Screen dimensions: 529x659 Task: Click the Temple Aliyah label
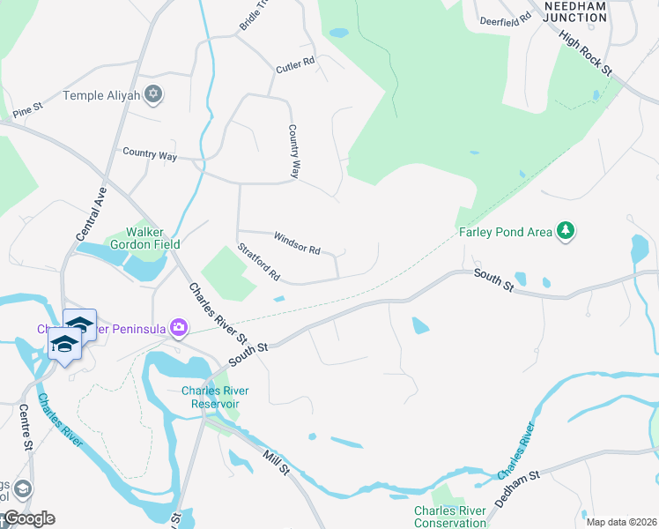[x=101, y=95]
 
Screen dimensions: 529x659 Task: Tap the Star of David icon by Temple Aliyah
[x=153, y=94]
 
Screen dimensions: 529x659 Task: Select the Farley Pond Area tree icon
[x=565, y=232]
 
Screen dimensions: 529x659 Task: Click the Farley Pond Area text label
[x=505, y=233]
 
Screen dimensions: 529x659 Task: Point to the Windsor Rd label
[x=296, y=243]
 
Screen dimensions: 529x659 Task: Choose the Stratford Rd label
[x=258, y=264]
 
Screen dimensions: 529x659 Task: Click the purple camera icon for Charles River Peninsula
[x=180, y=328]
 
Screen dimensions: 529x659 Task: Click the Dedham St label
[x=515, y=488]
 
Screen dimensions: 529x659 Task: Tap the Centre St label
[x=26, y=428]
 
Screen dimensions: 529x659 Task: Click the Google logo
[x=28, y=518]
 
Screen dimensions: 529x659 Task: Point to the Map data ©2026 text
[x=620, y=522]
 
